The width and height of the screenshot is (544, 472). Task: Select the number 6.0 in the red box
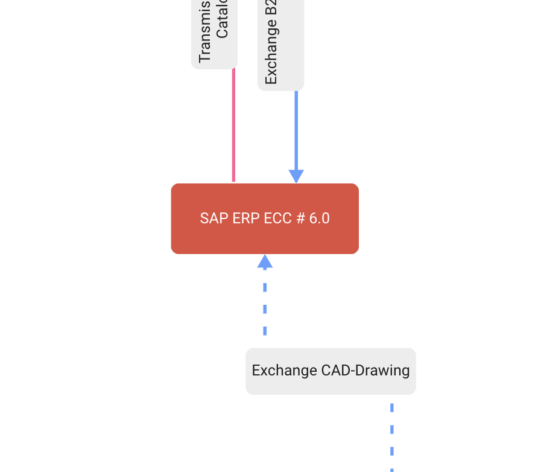pos(320,218)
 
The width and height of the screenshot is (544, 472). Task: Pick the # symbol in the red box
pos(300,218)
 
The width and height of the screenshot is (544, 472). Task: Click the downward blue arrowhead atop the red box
pos(296,176)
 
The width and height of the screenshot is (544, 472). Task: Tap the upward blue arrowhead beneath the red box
pos(265,261)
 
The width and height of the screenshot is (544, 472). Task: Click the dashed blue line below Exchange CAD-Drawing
pos(392,435)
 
